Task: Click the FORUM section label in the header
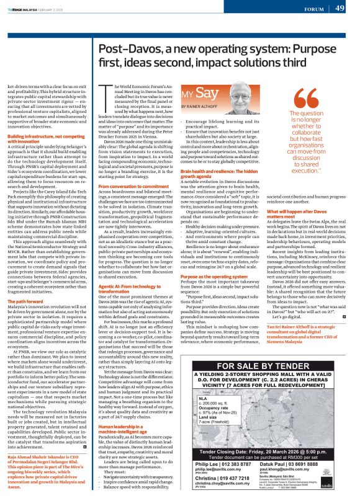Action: [310, 9]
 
